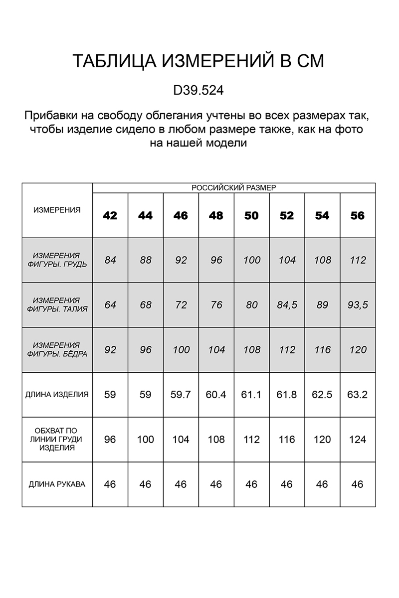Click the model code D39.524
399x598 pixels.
tap(199, 91)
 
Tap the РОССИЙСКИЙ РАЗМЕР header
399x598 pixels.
tap(234, 188)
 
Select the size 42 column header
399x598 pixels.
tap(110, 216)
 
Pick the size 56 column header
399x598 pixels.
tap(358, 216)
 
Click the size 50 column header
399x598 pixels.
tap(251, 216)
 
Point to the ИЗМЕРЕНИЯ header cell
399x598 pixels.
tap(57, 210)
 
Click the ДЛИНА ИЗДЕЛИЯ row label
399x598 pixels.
tap(57, 395)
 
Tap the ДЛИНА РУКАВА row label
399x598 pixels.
tap(57, 484)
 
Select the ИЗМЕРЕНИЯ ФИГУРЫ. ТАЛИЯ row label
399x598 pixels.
tap(57, 304)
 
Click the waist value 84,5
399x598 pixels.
tap(287, 305)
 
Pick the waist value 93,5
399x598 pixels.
tap(358, 305)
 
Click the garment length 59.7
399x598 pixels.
tap(181, 395)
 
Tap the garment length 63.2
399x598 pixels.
tap(358, 395)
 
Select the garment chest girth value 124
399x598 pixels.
tap(358, 440)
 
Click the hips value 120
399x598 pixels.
tap(358, 350)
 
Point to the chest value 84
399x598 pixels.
tap(110, 260)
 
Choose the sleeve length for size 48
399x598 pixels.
tap(216, 484)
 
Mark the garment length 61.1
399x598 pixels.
tap(251, 395)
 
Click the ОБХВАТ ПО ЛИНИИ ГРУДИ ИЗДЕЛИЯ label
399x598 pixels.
tap(57, 439)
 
